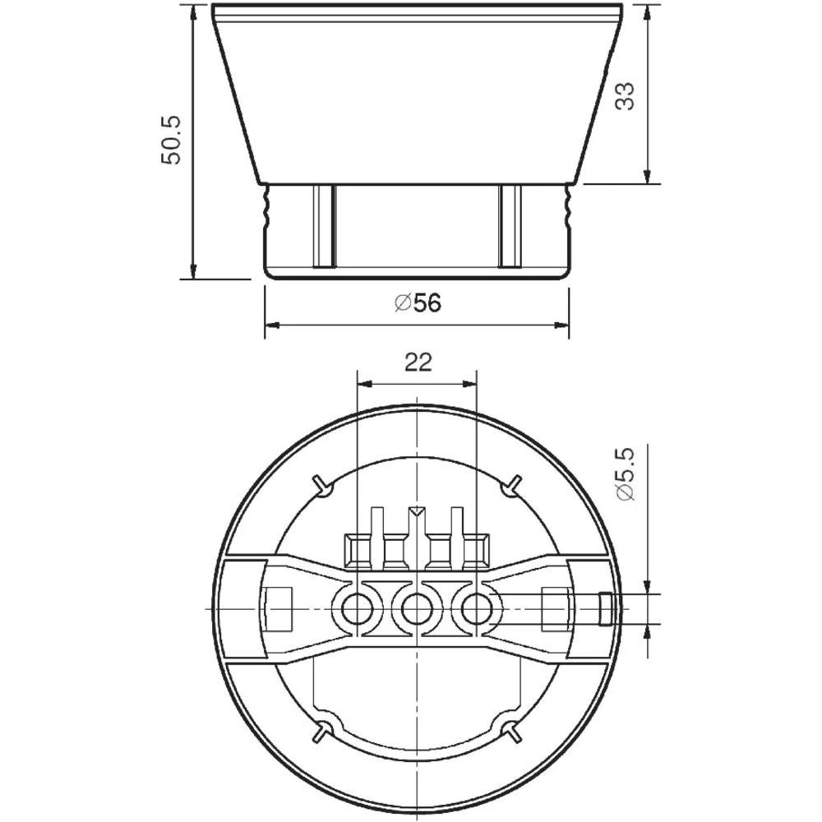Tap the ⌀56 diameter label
pyautogui.click(x=418, y=303)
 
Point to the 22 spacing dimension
pyautogui.click(x=418, y=363)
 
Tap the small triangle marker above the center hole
pyautogui.click(x=418, y=513)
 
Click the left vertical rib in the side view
pyautogui.click(x=323, y=226)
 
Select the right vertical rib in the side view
pyautogui.click(x=510, y=226)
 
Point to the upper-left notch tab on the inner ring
pyautogui.click(x=322, y=485)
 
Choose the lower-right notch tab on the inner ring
pyautogui.click(x=513, y=732)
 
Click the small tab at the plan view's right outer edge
pyautogui.click(x=605, y=609)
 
